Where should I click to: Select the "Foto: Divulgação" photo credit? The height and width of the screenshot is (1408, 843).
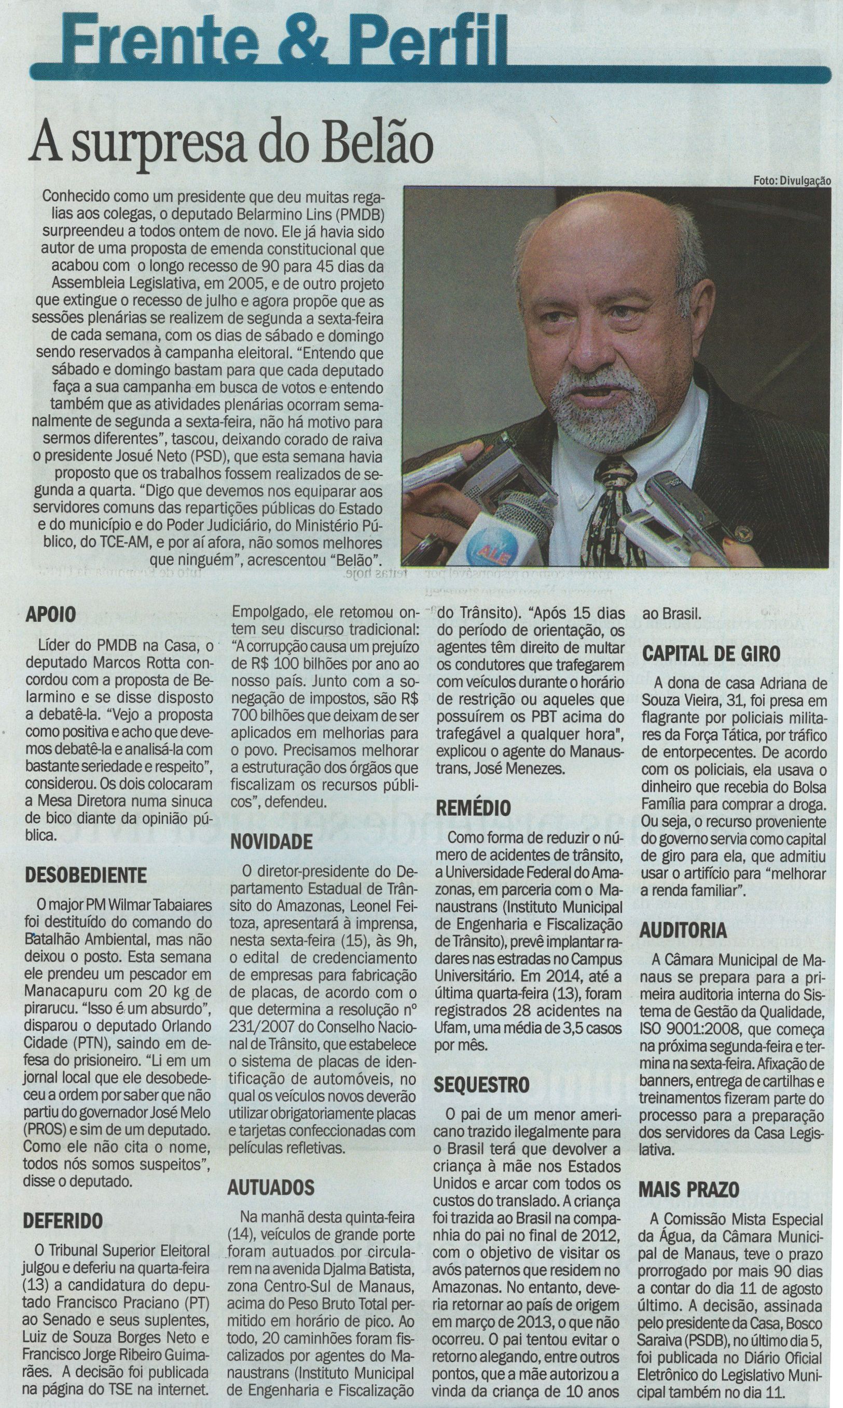point(792,180)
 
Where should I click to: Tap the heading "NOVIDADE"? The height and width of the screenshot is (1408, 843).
point(271,841)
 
